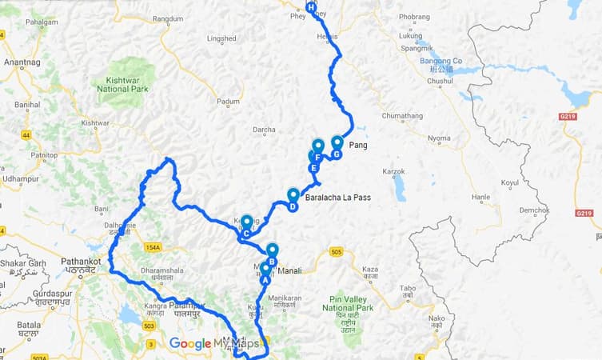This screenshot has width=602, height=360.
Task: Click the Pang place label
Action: tap(357, 145)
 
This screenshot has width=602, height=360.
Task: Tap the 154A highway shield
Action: tap(153, 247)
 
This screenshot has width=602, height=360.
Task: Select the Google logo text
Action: tap(189, 344)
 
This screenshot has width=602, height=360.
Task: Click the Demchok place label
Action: tap(534, 209)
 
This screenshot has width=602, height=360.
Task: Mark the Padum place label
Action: tap(229, 102)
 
